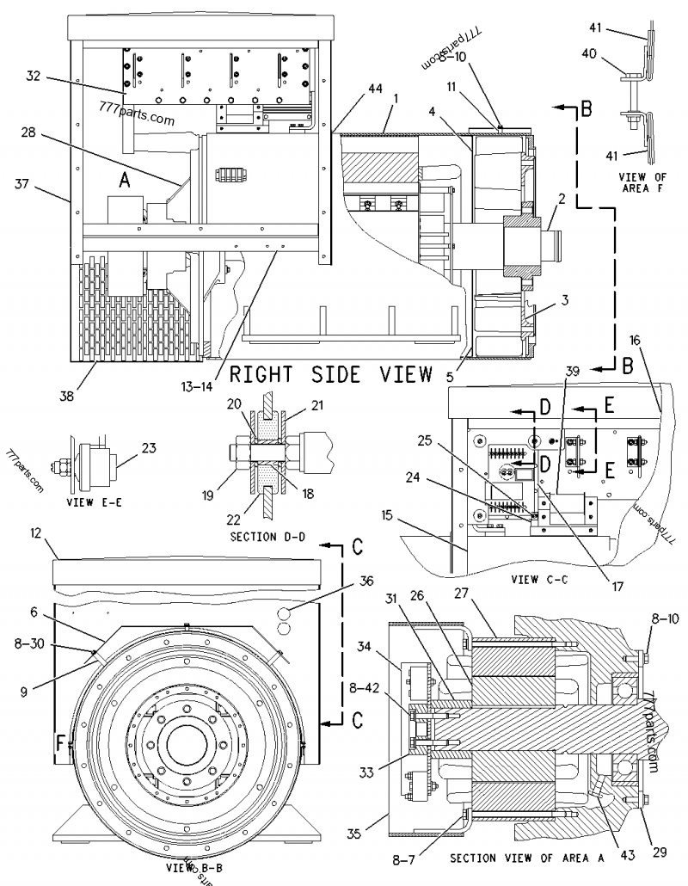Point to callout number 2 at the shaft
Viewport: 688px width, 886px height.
(x=560, y=199)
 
